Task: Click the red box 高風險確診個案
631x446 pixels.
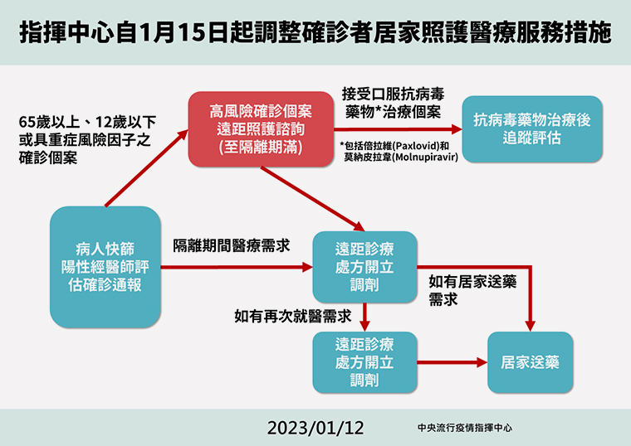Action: [x=261, y=129]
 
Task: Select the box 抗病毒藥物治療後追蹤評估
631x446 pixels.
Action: [x=532, y=129]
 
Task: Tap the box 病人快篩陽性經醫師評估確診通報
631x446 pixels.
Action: [x=105, y=267]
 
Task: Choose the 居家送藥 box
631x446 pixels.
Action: [x=530, y=362]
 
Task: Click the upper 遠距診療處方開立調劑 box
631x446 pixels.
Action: [x=364, y=267]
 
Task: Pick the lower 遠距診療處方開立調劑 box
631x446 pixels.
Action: [x=364, y=362]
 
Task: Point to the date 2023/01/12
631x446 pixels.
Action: [x=315, y=428]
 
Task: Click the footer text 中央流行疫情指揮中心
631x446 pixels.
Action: [x=465, y=428]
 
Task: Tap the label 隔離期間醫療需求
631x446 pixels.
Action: [x=232, y=246]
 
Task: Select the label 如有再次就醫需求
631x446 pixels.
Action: [x=293, y=316]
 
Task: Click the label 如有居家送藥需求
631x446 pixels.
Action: [x=472, y=290]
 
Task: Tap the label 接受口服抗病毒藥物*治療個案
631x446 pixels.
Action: [x=394, y=103]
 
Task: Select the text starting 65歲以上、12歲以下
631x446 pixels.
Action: [x=87, y=139]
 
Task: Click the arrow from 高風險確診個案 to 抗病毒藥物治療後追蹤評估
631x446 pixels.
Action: [x=398, y=129]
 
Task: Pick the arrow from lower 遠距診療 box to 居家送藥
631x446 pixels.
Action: [x=452, y=362]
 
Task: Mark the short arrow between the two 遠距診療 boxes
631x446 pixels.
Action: [x=364, y=318]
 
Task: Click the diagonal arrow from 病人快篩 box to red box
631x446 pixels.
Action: [x=147, y=168]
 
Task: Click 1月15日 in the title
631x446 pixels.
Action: [x=183, y=33]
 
